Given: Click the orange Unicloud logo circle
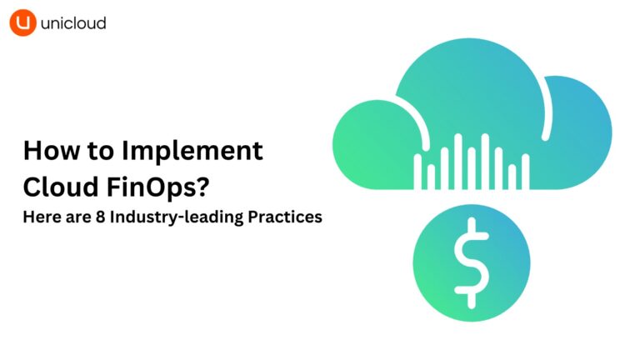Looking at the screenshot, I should pyautogui.click(x=22, y=23).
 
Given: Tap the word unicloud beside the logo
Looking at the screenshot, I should pyautogui.click(x=74, y=23).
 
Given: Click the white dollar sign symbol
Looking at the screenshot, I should pyautogui.click(x=471, y=259).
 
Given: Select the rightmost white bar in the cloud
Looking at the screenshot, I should pyautogui.click(x=525, y=170).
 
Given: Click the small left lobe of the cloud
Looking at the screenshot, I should pyautogui.click(x=367, y=142).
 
